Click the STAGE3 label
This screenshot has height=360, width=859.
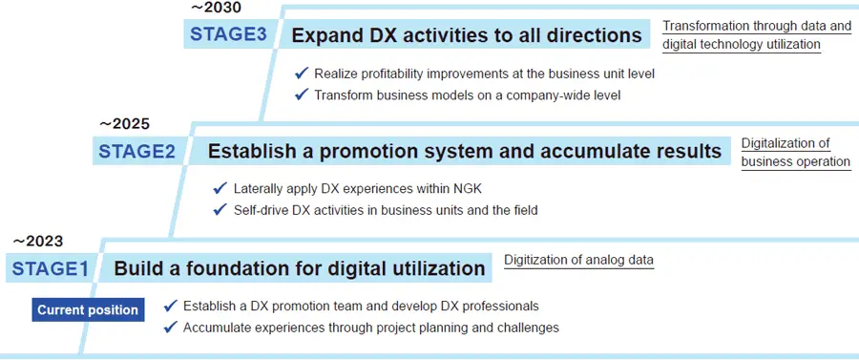[230, 35]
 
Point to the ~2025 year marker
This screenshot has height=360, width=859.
[124, 124]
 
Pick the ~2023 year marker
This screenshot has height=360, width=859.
[37, 242]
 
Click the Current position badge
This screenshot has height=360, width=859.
[88, 309]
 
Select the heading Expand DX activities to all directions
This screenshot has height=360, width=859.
[467, 35]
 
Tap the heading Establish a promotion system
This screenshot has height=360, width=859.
[464, 151]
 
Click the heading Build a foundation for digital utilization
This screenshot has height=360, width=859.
[300, 268]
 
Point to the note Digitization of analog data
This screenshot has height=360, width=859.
[578, 260]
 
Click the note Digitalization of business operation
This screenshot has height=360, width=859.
[795, 152]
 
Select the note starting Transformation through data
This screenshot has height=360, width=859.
[757, 34]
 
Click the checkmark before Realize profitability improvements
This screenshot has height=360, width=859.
[302, 73]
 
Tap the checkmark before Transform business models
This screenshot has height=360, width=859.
[302, 94]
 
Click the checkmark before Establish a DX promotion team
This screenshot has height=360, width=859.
[171, 306]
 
